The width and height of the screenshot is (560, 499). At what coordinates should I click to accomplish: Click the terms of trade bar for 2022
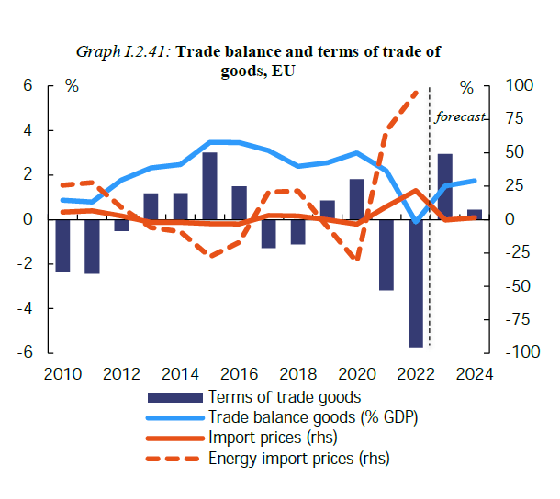coord(416,283)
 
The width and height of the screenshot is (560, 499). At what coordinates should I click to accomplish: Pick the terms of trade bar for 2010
coord(62,246)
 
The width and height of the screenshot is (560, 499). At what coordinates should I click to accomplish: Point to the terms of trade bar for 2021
coord(386,254)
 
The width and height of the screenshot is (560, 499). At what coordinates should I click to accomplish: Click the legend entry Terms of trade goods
coord(285,397)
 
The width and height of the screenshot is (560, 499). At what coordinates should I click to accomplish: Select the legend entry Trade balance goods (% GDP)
coord(313,417)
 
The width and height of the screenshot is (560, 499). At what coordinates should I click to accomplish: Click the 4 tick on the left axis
coord(28,130)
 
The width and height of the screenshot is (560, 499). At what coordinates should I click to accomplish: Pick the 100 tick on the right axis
coord(520,86)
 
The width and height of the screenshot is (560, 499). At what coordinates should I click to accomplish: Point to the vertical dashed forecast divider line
coord(430,229)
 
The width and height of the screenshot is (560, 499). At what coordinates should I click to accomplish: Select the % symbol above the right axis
coord(467,87)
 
